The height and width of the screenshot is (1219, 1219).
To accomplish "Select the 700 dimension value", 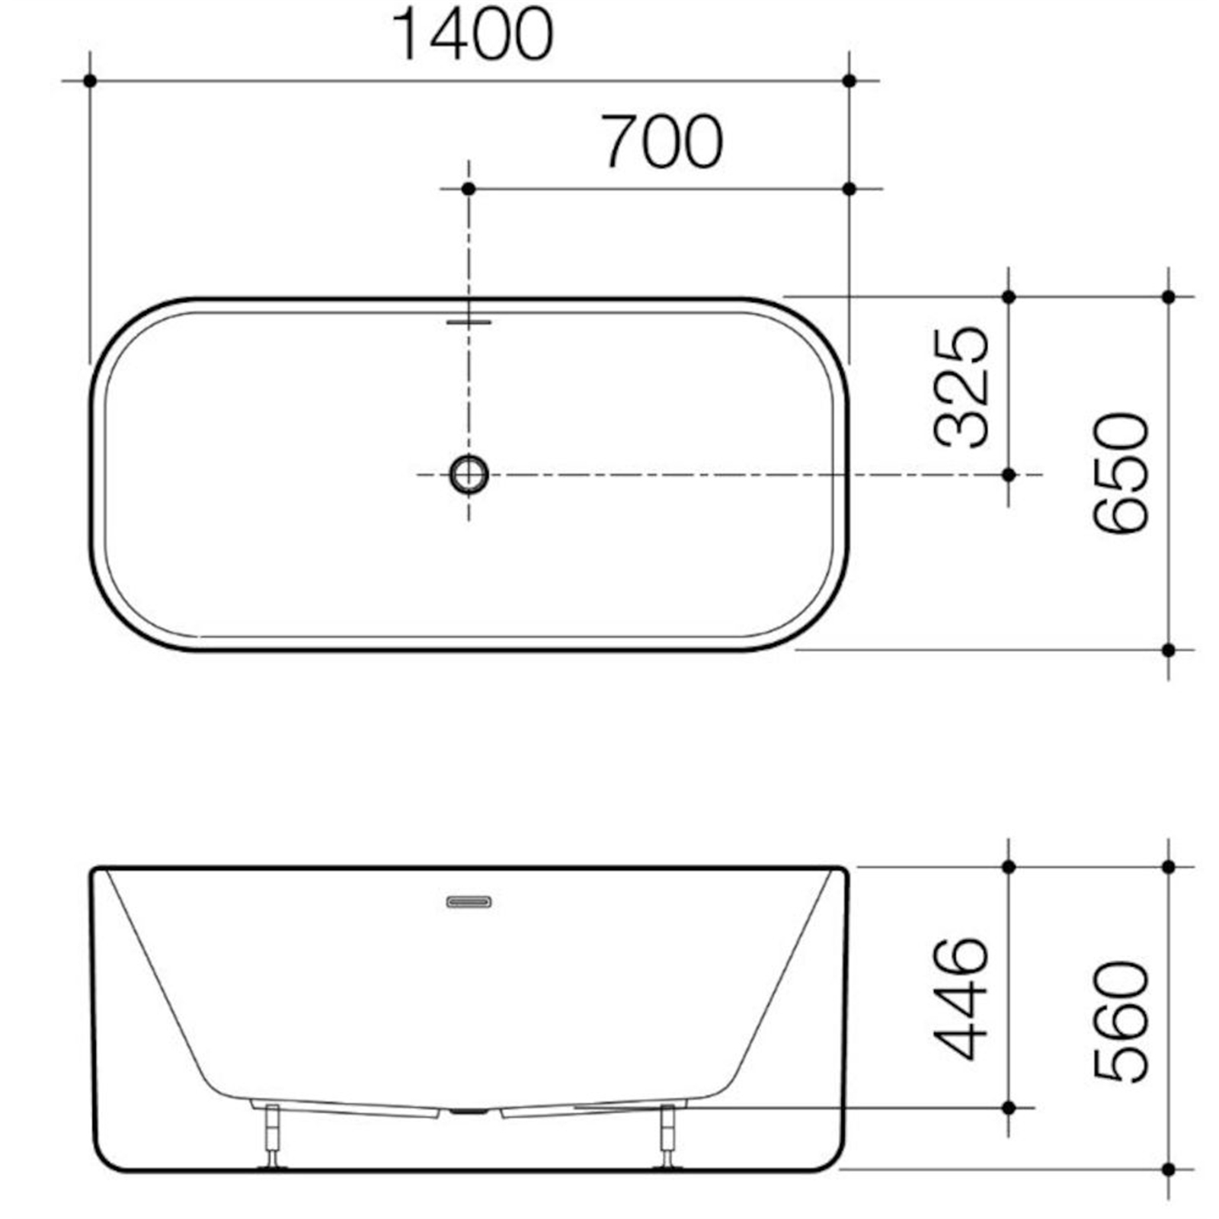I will tap(661, 142).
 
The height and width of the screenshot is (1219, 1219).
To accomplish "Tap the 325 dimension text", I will tap(961, 386).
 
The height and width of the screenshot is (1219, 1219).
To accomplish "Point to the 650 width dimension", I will tap(1120, 472).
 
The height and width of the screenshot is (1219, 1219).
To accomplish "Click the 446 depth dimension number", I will tap(961, 999).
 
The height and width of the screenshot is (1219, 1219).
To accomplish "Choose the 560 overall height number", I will tap(1120, 1021).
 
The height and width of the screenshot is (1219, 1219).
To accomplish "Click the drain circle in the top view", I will tap(469, 474).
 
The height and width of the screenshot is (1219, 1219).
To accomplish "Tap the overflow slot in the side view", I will tap(469, 902).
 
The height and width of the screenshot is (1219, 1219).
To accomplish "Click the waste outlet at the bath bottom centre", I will tap(469, 1112).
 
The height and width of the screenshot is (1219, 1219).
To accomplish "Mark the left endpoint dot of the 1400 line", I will tap(90, 80).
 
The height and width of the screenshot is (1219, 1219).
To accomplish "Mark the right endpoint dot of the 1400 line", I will tap(849, 80).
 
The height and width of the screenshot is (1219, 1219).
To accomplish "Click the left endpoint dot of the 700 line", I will tap(469, 188).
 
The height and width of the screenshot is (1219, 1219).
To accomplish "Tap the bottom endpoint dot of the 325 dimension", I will tap(1009, 475).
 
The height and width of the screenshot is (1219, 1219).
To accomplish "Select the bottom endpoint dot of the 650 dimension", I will tap(1169, 650).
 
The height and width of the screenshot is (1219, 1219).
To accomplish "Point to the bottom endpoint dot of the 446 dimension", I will tap(1009, 1107).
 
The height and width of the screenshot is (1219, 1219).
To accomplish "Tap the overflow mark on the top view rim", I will tap(469, 322).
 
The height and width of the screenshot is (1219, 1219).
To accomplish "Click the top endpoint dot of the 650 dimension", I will tap(1169, 296).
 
